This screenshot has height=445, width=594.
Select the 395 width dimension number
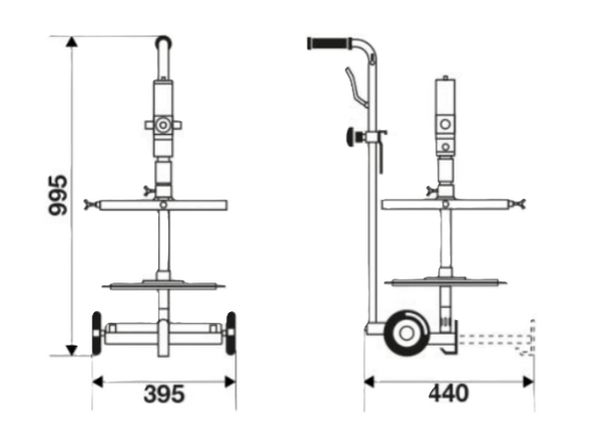point(164,393)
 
